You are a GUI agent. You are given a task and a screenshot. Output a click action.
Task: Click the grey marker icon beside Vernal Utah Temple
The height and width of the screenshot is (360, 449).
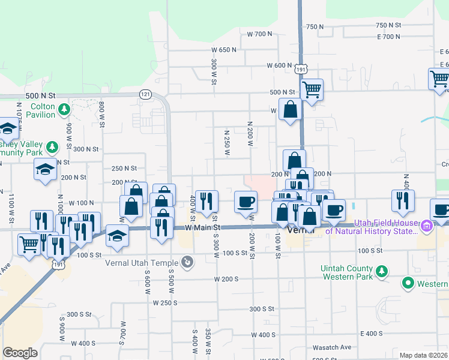[x=188, y=262]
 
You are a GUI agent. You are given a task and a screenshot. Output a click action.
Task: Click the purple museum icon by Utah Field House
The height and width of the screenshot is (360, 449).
[x=427, y=226]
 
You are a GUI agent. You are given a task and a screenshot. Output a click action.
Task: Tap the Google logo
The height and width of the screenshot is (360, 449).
[x=20, y=353]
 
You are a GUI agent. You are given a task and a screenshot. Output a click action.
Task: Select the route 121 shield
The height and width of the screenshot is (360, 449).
[x=145, y=94]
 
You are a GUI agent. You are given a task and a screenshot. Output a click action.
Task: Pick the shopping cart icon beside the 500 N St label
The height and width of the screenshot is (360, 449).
[x=312, y=90]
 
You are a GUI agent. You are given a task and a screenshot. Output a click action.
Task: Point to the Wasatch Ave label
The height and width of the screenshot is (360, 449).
[x=331, y=347]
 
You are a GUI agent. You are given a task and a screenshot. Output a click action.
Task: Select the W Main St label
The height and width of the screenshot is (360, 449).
[x=203, y=227]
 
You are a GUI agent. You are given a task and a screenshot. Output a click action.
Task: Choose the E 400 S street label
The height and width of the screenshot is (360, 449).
[x=372, y=334]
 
